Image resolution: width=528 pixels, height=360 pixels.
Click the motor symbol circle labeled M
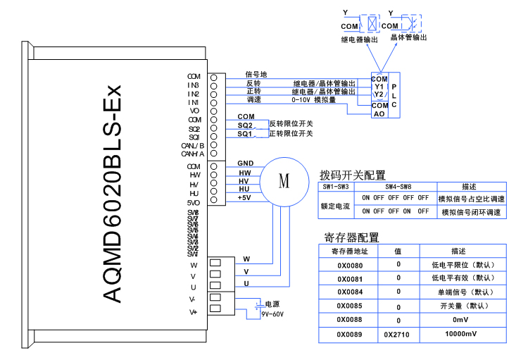pyautogui.click(x=284, y=181)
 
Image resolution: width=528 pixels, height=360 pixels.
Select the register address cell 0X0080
pyautogui.click(x=349, y=265)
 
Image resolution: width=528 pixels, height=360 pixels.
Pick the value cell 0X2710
pyautogui.click(x=398, y=333)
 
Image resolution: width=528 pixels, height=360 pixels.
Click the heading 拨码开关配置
pyautogui.click(x=353, y=175)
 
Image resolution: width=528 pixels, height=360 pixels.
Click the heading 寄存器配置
pyautogui.click(x=351, y=237)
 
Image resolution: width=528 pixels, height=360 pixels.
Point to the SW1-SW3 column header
pyautogui.click(x=336, y=187)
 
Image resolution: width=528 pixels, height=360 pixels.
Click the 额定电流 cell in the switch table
pyautogui.click(x=336, y=205)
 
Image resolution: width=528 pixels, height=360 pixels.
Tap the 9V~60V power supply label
pyautogui.click(x=272, y=314)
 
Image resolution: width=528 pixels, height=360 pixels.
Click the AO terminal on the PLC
pyautogui.click(x=379, y=113)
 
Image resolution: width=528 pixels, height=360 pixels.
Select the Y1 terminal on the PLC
pyautogui.click(x=378, y=86)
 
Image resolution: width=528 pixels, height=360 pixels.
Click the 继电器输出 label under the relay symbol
pyautogui.click(x=359, y=40)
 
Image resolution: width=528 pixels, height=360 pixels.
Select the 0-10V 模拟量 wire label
pyautogui.click(x=313, y=100)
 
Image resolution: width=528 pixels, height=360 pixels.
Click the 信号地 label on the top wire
pyautogui.click(x=256, y=74)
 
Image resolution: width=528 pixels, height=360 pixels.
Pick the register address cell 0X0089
pyautogui.click(x=349, y=333)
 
